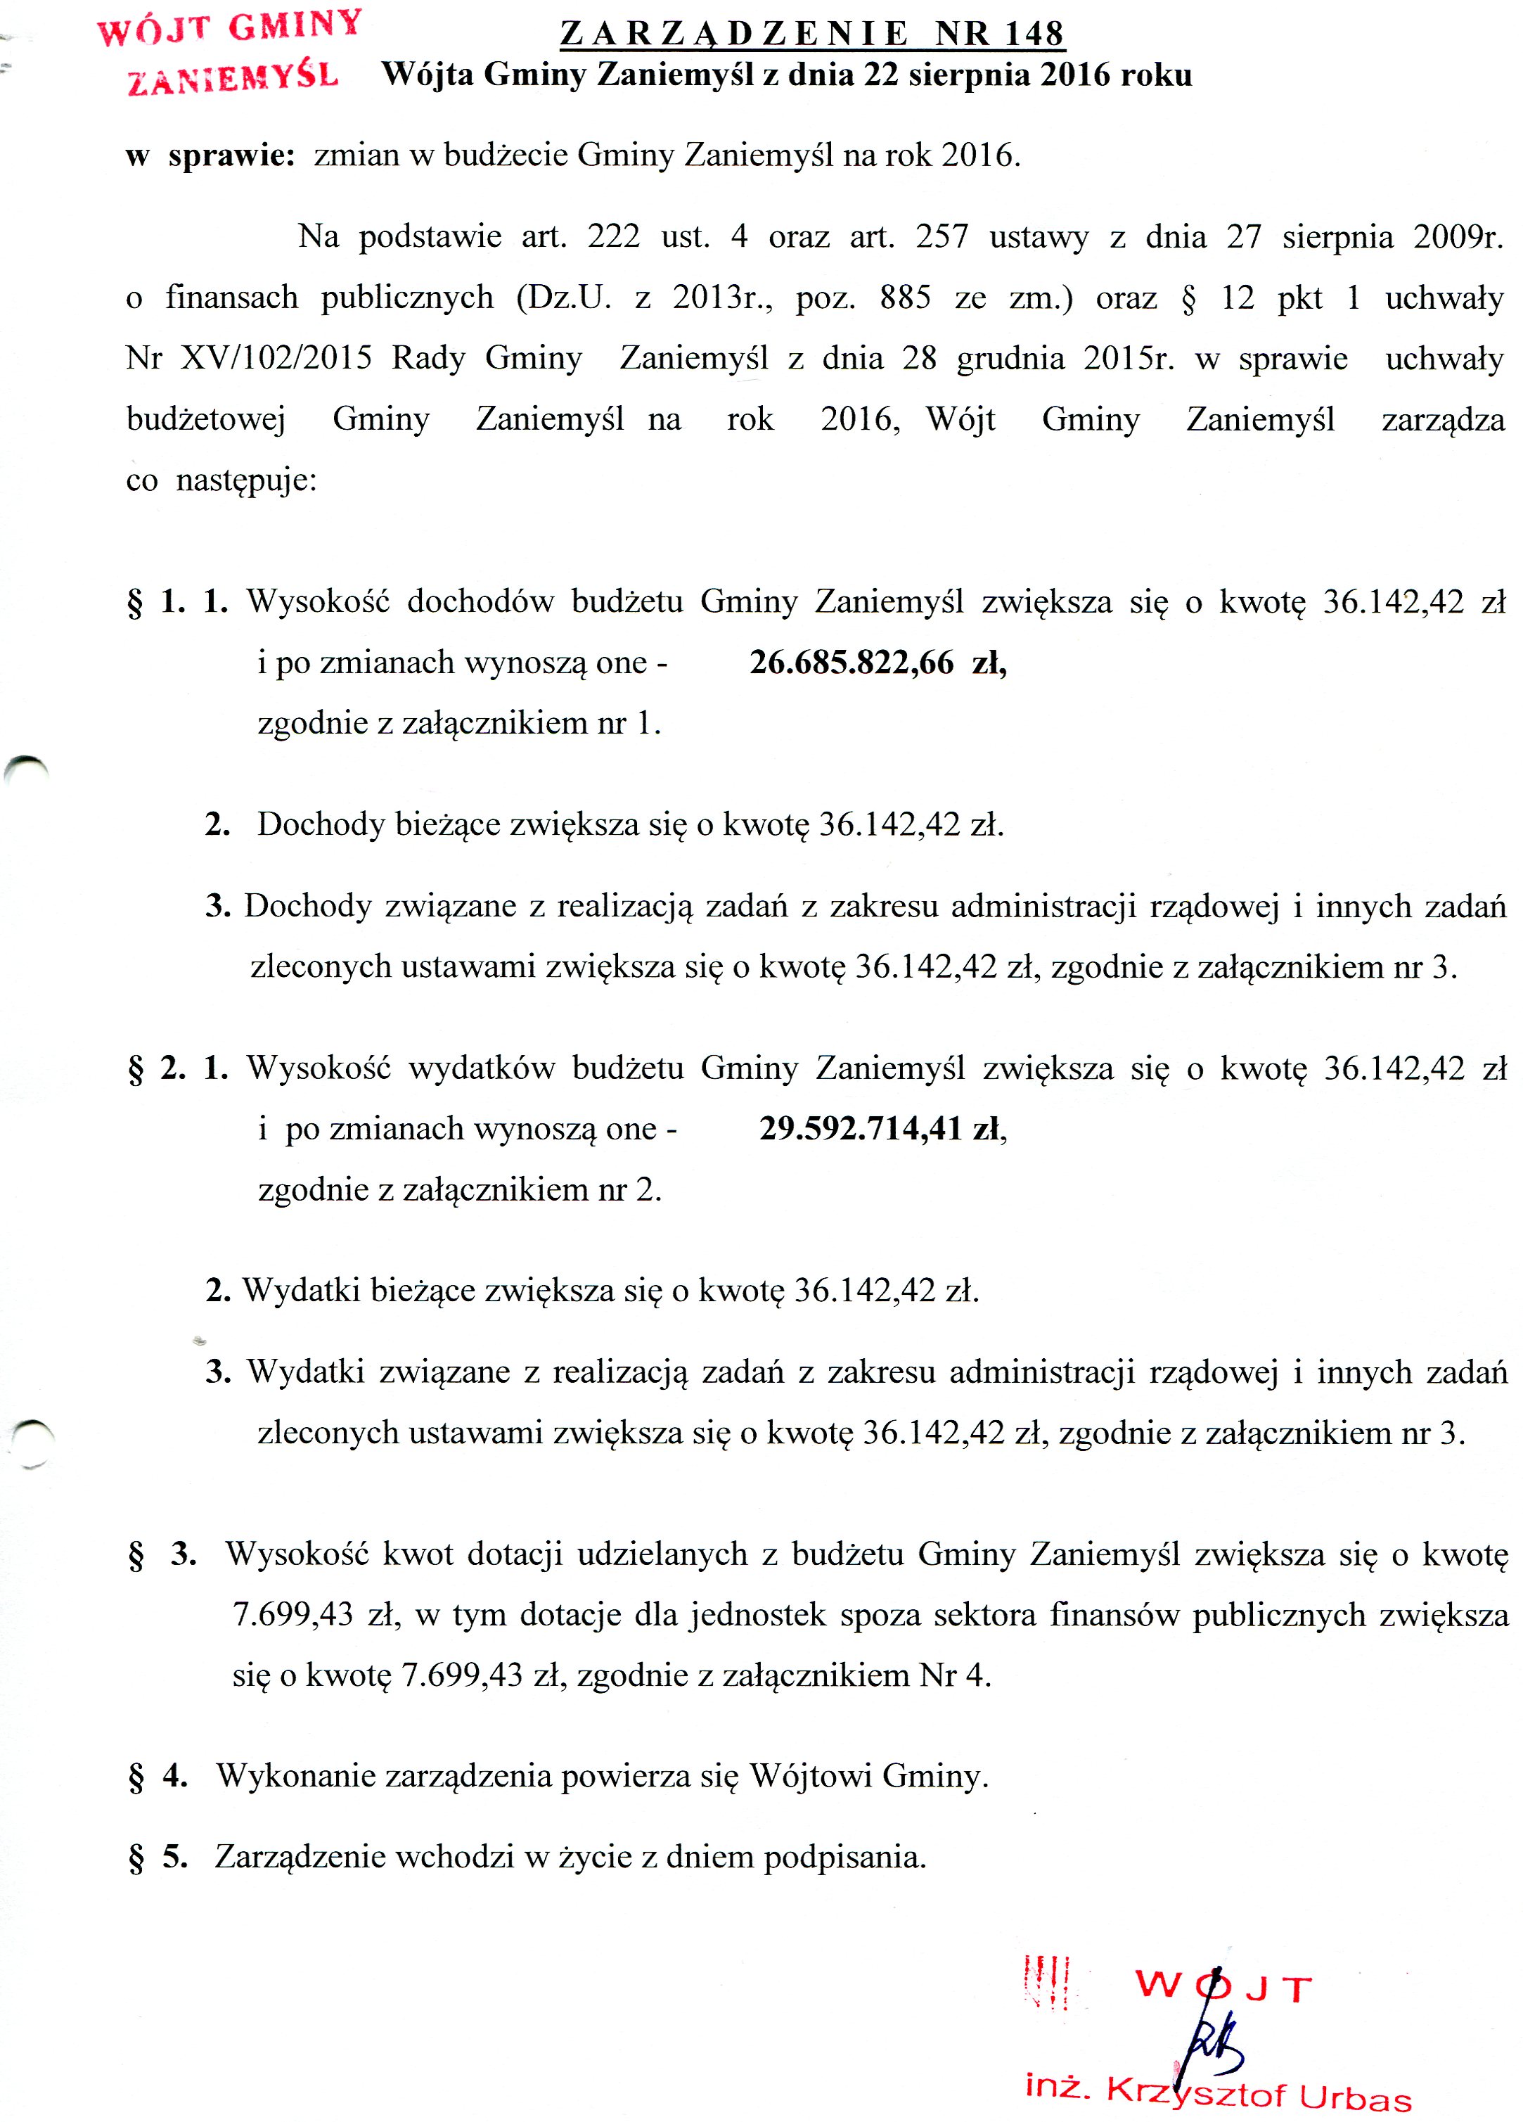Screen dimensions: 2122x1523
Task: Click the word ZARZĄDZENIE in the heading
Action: tap(733, 34)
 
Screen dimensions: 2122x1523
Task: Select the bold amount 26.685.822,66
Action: tap(852, 663)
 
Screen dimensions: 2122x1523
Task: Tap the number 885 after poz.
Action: tap(905, 298)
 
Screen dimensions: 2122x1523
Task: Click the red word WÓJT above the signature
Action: tap(1223, 1986)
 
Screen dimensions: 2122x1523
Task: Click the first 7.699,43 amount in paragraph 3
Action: tap(293, 1614)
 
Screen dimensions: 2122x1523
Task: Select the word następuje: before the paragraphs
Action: tap(246, 481)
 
